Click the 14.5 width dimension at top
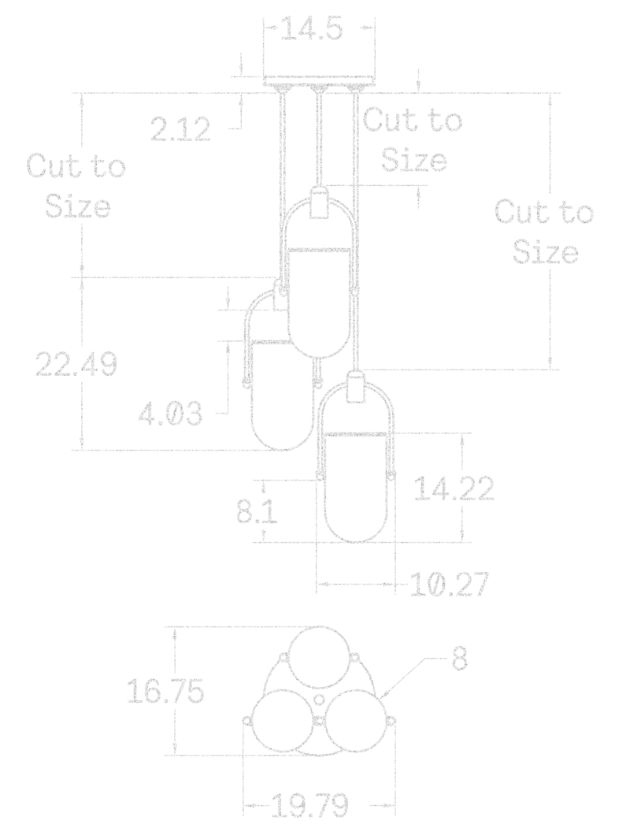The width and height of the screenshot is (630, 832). point(312,31)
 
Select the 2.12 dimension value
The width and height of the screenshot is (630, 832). point(181,129)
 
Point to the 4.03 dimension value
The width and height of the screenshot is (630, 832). point(169,414)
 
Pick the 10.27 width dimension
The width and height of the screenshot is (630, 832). point(450,585)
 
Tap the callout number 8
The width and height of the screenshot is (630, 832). point(459,659)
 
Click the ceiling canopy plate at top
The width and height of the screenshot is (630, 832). point(319,81)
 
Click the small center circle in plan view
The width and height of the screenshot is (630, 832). point(318,699)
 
